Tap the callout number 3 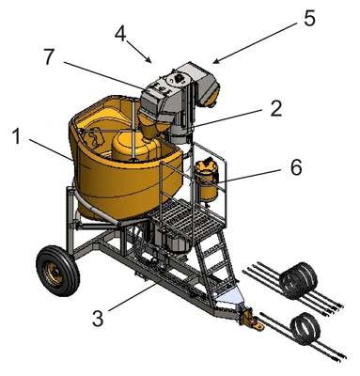[98, 319]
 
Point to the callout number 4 [120, 34]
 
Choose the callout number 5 [309, 19]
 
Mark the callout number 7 [48, 56]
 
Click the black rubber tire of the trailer [57, 271]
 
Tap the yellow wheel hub [54, 274]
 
